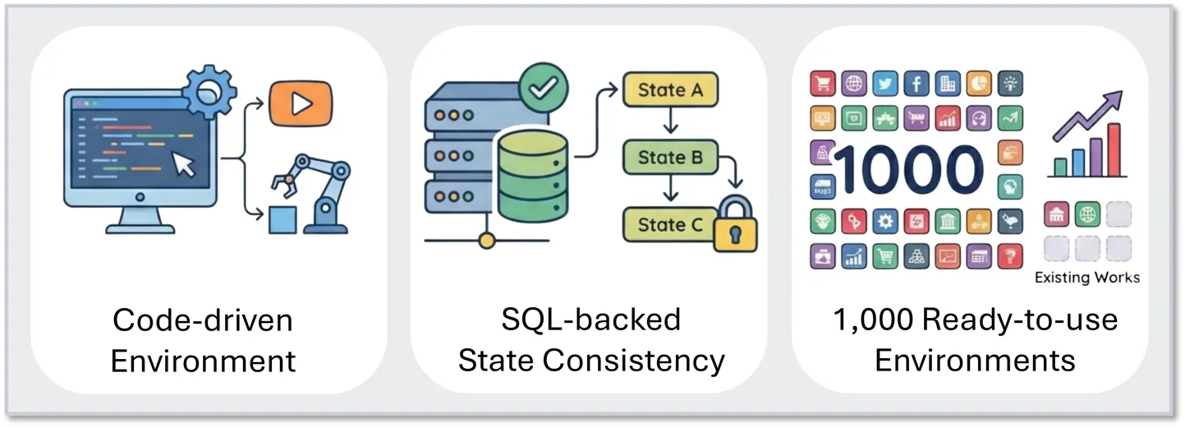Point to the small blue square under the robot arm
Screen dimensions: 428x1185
[x=283, y=219]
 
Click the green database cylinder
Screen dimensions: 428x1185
[x=531, y=177]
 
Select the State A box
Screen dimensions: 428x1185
[x=670, y=90]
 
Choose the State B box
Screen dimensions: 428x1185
[x=670, y=157]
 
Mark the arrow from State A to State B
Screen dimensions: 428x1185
[x=671, y=123]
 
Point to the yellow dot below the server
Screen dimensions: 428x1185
[x=487, y=241]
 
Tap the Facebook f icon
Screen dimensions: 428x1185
[x=916, y=83]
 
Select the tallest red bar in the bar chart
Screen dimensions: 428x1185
[x=1114, y=150]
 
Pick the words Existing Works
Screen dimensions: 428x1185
[x=1086, y=277]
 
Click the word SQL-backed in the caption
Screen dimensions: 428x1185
[x=591, y=319]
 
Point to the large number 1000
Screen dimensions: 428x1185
[x=908, y=170]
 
